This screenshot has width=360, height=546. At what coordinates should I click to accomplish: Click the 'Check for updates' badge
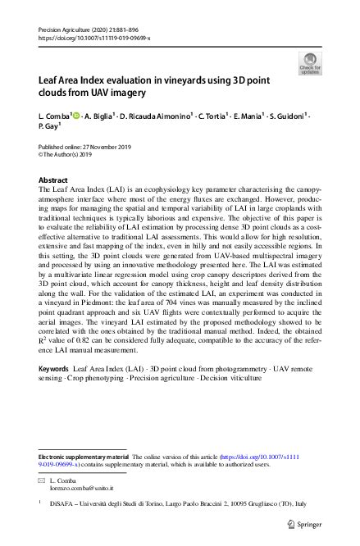click(310, 63)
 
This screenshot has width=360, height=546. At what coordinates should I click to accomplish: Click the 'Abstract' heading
click(54, 180)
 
